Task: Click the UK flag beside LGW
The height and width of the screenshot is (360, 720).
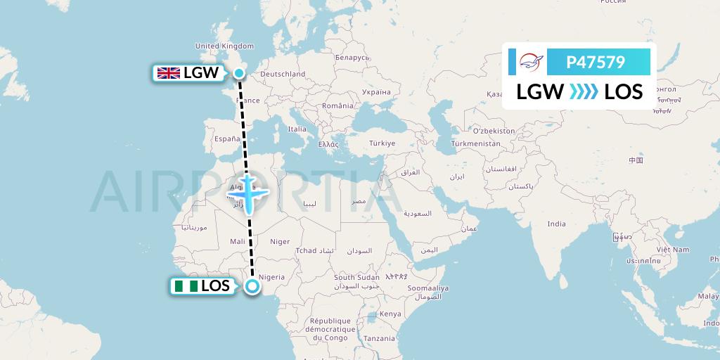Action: [169, 73]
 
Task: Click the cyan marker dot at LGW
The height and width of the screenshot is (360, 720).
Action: [239, 72]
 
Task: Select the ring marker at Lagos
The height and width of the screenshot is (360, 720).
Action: [252, 285]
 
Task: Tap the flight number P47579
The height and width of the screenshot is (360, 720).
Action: [596, 63]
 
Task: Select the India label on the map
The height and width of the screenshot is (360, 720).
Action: [556, 224]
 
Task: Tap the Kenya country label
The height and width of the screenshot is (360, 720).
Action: [390, 314]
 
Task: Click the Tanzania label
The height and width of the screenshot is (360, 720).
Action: [380, 338]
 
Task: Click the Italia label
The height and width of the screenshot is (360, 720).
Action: [297, 129]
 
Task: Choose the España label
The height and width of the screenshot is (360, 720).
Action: [227, 139]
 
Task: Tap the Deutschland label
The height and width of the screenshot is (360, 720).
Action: [283, 74]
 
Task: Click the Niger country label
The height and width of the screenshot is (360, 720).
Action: [280, 241]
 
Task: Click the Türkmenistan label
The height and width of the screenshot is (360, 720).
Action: [475, 143]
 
